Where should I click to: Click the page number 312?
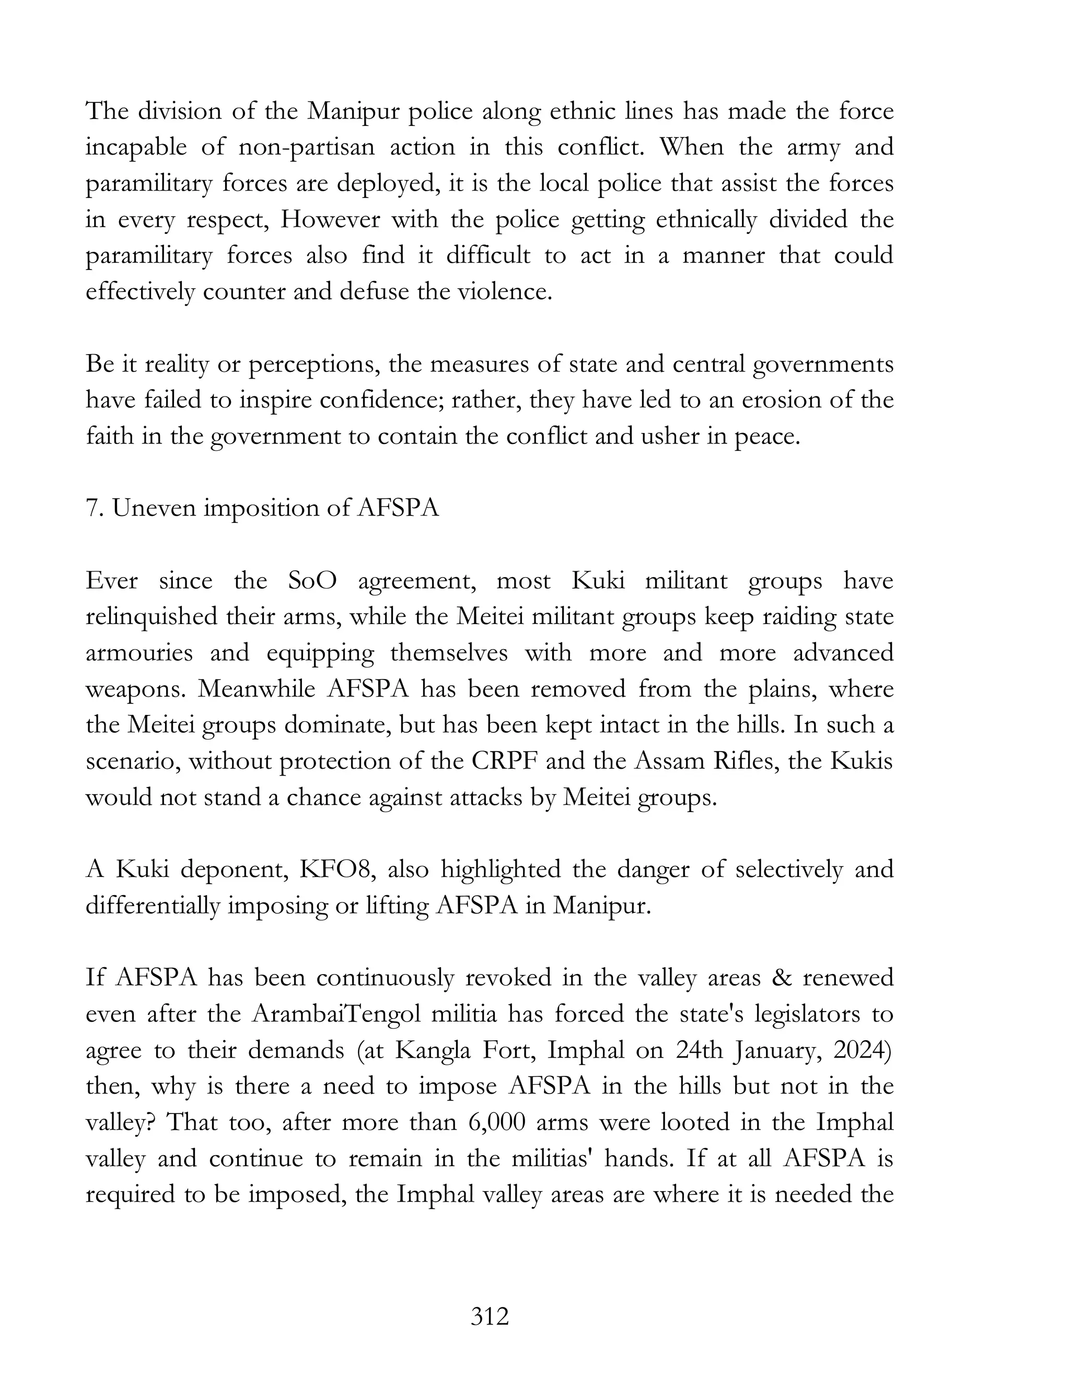[x=490, y=1316]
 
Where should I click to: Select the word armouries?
[x=139, y=653]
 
